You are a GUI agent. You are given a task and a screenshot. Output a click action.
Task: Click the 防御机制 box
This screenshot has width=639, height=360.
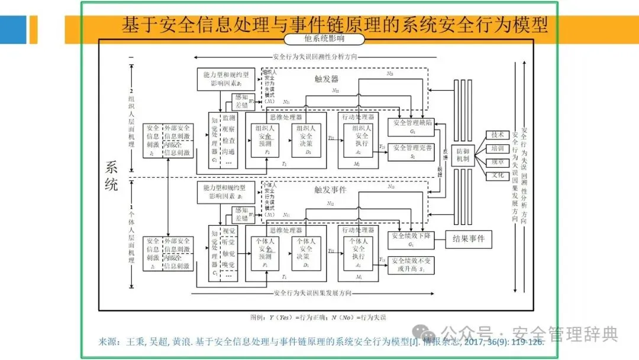[463, 156]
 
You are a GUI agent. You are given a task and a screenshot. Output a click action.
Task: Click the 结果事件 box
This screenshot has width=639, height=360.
[468, 239]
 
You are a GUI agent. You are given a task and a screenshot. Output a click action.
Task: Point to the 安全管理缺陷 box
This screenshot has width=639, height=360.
[412, 126]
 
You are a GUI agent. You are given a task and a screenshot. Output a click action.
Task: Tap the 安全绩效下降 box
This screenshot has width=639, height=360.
[412, 239]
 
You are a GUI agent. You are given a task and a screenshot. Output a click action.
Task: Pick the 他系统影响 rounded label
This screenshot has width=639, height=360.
[323, 39]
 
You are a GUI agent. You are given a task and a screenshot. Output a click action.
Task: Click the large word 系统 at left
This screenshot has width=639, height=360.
[111, 175]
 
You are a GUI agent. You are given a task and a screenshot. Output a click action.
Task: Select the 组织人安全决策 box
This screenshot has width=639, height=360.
[306, 139]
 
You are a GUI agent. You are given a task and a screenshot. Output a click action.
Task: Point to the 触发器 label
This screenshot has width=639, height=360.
[327, 79]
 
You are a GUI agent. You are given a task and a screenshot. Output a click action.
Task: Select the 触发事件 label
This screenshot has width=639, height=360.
[330, 191]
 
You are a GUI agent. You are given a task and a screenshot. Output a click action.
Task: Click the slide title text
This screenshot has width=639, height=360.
[334, 25]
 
